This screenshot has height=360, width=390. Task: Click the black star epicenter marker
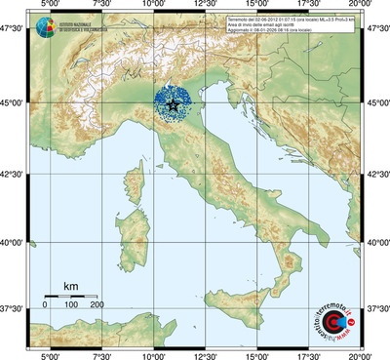pos(173,103)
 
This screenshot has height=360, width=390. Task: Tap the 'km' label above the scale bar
pos(70,285)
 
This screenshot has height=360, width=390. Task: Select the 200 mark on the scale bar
pos(97,305)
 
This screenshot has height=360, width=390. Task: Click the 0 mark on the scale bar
pos(45,305)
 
